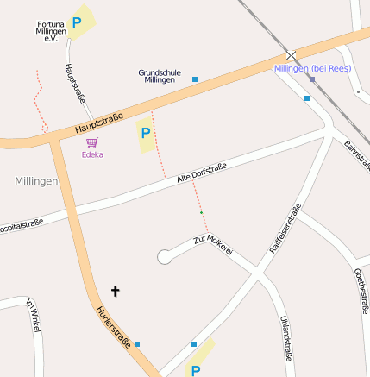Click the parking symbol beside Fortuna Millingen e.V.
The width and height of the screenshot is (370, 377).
[77, 23]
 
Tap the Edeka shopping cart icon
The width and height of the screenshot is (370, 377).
[92, 142]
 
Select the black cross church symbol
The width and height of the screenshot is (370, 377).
[116, 292]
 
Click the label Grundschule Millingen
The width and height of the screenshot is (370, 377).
[160, 76]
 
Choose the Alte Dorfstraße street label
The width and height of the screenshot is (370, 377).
[201, 173]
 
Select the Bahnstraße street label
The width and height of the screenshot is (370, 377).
[355, 154]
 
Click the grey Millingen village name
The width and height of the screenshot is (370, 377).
[36, 181]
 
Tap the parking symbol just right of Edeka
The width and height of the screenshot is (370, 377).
[145, 134]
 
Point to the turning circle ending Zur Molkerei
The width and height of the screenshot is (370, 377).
[164, 256]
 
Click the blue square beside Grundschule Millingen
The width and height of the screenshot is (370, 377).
[195, 79]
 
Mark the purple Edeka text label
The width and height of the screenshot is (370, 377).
[92, 155]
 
